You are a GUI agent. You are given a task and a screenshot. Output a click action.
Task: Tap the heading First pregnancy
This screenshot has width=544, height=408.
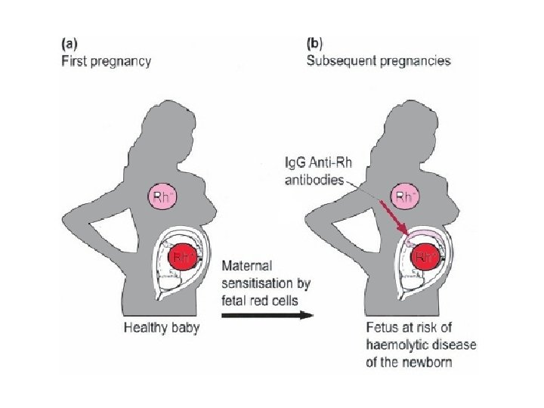pos(106,61)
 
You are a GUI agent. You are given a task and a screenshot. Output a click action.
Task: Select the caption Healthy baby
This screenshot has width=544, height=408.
pos(161,327)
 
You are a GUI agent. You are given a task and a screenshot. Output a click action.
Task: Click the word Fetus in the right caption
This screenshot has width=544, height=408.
pos(373,327)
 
